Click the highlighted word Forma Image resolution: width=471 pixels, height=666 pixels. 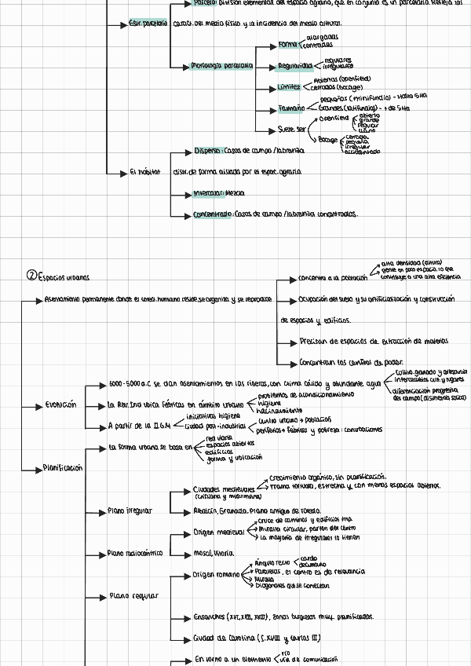tap(288, 45)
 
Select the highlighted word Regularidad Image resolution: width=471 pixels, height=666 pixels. tap(295, 66)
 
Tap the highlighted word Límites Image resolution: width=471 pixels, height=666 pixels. tap(289, 87)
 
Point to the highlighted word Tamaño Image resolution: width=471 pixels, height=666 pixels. tap(290, 108)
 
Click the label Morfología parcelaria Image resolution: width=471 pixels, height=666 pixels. tap(221, 66)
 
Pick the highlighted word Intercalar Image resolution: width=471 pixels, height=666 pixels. tap(208, 192)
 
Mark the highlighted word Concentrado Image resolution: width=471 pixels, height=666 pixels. tap(213, 214)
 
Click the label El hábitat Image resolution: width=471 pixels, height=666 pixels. tap(144, 171)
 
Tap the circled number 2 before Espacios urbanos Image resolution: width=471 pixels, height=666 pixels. tap(31, 276)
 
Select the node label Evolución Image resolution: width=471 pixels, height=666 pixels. tap(60, 405)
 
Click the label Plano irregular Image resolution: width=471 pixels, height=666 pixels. tap(130, 510)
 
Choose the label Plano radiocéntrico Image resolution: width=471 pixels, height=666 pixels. tap(135, 553)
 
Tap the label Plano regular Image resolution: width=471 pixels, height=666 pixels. tap(133, 595)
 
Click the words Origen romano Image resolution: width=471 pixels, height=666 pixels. tap(216, 575)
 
